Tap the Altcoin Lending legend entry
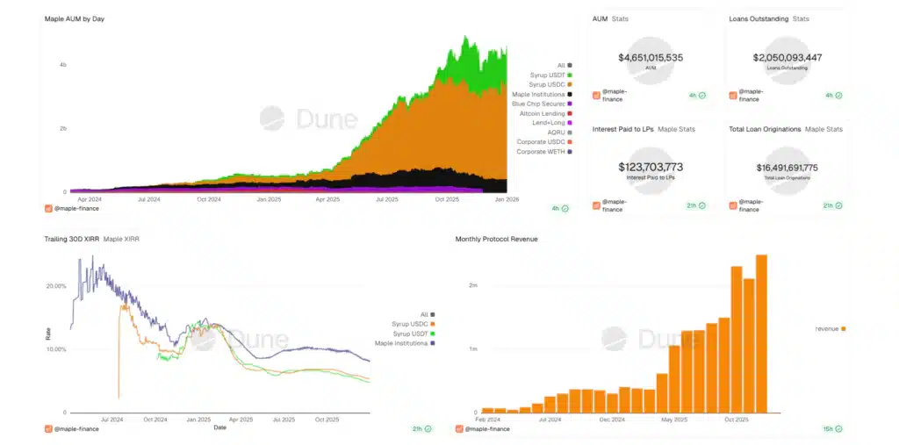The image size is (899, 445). (543, 113)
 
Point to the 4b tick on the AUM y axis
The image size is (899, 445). (62, 65)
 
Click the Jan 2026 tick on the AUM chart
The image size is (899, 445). (507, 199)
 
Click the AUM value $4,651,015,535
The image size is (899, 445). (651, 58)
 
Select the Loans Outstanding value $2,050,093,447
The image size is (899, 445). (788, 58)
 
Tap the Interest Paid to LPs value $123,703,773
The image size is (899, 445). (651, 167)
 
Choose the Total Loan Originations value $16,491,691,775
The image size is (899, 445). (788, 167)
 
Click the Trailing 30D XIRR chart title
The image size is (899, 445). (71, 239)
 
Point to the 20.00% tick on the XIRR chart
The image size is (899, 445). (55, 286)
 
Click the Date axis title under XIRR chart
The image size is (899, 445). (220, 427)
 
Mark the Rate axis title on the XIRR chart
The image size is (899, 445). (48, 334)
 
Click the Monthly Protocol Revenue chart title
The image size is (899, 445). (497, 239)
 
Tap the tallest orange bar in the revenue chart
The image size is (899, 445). (761, 334)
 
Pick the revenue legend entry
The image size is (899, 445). (828, 328)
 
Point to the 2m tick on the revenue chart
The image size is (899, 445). (473, 286)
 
